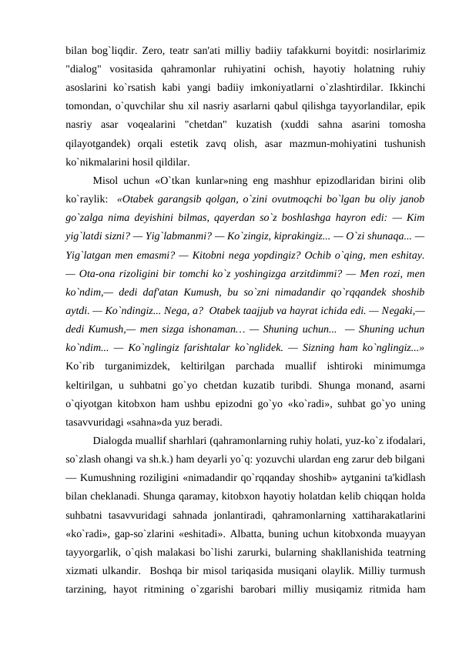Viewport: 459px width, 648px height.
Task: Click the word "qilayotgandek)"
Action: coord(99,145)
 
